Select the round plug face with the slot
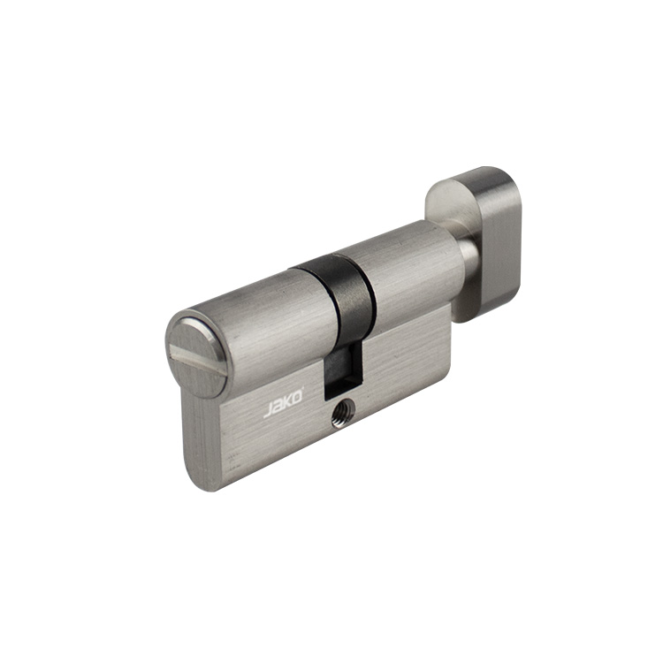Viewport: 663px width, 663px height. [x=197, y=354]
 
